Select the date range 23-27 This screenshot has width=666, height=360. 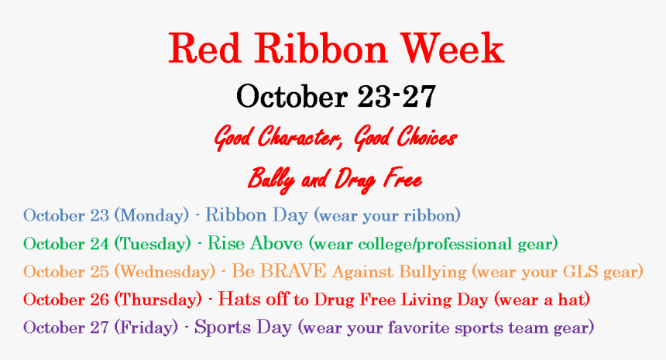click(397, 97)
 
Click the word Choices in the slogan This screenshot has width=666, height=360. click(426, 139)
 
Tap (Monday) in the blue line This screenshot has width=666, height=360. click(152, 214)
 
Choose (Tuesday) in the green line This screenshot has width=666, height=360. click(153, 244)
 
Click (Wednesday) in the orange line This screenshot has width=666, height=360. click(164, 272)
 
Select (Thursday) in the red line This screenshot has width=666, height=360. click(158, 299)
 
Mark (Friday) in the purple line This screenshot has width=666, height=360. click(147, 327)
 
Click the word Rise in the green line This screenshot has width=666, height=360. click(226, 244)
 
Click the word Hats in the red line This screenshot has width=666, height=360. click(238, 299)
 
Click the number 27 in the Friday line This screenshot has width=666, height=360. click(99, 327)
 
